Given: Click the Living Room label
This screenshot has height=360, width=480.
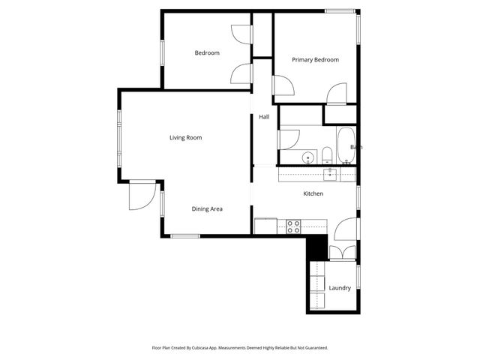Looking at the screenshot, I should (185, 137).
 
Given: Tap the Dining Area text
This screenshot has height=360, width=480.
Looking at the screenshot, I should (207, 208).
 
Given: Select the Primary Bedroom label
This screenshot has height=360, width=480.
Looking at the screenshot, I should (315, 60).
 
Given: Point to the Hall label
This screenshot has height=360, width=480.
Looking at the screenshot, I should (264, 117).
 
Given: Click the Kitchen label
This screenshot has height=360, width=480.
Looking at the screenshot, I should (313, 193).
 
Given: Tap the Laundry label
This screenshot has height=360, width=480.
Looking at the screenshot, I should (340, 287).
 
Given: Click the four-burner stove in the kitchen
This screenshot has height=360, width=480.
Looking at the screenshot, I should (294, 225).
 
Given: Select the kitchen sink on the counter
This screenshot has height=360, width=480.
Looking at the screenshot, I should (330, 174).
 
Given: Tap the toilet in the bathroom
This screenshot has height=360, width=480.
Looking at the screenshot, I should (327, 156).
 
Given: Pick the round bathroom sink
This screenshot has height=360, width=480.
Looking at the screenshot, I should (308, 157).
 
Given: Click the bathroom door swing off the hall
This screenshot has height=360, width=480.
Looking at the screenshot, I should (288, 139).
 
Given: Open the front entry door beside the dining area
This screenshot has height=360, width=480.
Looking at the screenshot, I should (139, 196).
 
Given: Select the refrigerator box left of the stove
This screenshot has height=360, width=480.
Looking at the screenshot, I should (265, 225).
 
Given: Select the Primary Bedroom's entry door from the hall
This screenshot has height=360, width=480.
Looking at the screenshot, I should (283, 88).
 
